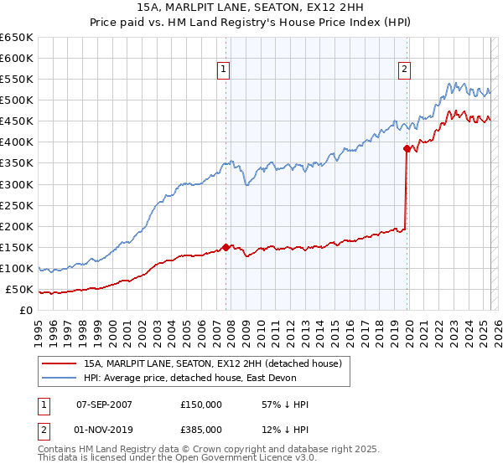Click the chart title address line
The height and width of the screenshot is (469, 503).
click(x=251, y=8)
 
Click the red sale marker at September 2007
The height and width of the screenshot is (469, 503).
click(x=226, y=247)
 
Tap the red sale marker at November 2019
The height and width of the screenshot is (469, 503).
click(x=407, y=148)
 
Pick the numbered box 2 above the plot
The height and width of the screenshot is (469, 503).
click(x=404, y=70)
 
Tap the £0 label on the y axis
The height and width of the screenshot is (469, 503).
click(x=27, y=311)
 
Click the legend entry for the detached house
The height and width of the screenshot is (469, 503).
click(x=212, y=364)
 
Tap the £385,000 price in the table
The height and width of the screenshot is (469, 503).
click(x=201, y=430)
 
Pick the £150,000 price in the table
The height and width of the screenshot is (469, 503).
click(x=201, y=405)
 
